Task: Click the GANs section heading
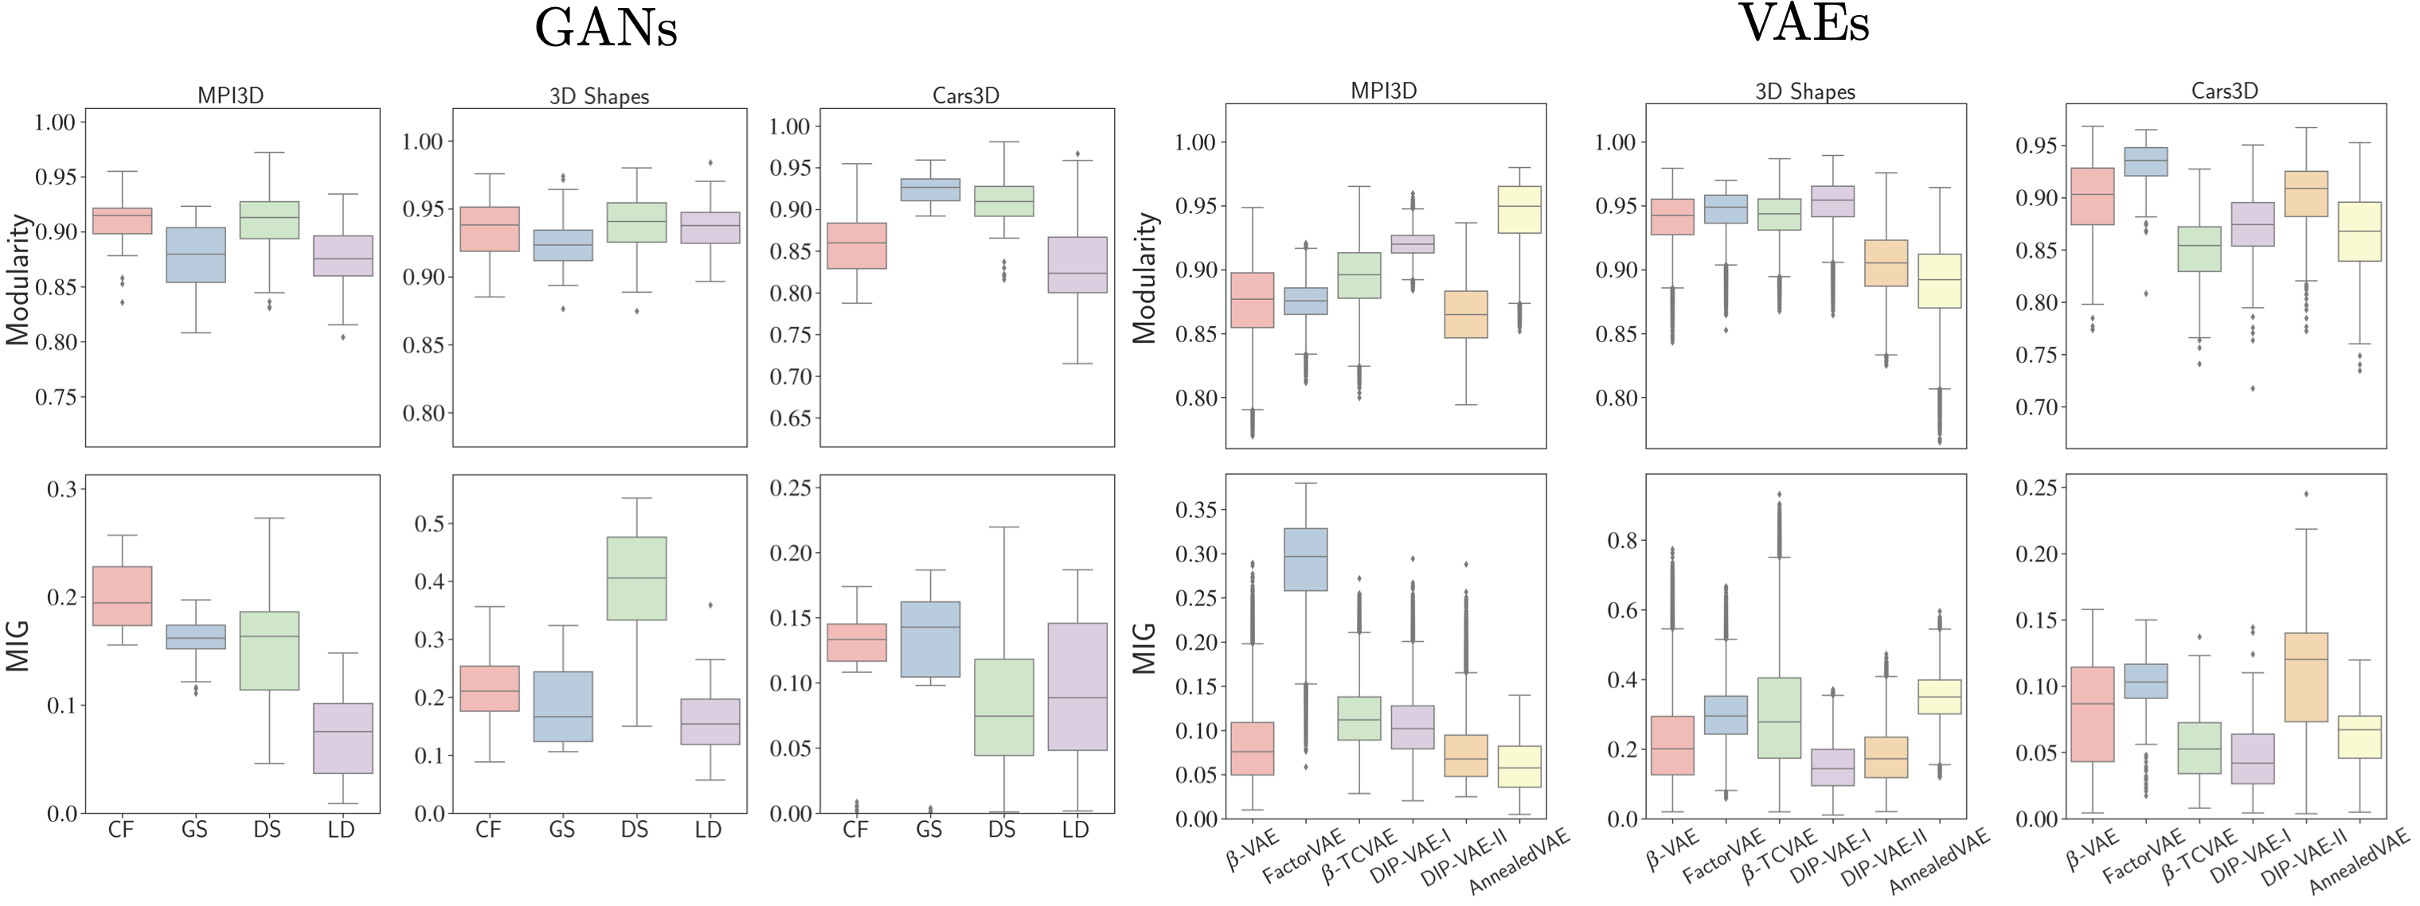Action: (x=606, y=28)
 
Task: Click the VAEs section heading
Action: (x=1804, y=24)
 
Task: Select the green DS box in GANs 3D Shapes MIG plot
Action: (x=636, y=578)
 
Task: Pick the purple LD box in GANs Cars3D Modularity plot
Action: (x=1077, y=265)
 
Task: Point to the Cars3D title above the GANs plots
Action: (x=965, y=95)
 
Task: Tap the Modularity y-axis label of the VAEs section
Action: (x=1144, y=278)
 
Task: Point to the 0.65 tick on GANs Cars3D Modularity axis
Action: (x=789, y=418)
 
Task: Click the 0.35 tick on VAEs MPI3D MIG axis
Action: (x=1196, y=510)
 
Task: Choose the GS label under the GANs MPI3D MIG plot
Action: (x=194, y=830)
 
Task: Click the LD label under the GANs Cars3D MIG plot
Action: (x=1076, y=830)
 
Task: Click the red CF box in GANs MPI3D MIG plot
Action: (x=122, y=596)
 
